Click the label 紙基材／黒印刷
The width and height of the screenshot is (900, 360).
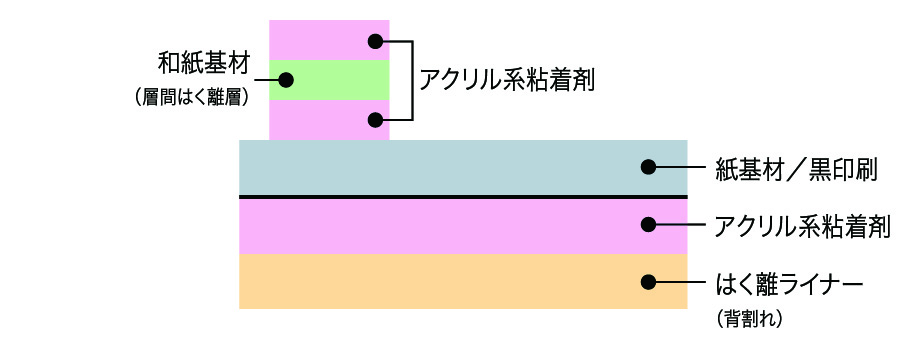[796, 169]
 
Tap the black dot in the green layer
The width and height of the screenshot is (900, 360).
[285, 79]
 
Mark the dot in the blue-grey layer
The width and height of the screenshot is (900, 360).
[649, 167]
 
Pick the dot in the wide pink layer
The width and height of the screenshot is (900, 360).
[649, 225]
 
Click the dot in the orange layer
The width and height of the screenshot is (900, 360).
[649, 282]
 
